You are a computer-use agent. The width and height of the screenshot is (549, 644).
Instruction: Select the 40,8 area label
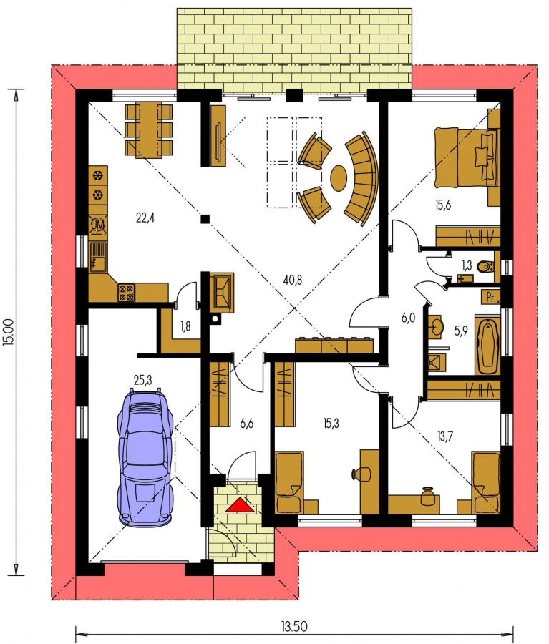pyautogui.click(x=293, y=280)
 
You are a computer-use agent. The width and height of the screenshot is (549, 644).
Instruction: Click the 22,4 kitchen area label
pyautogui.click(x=145, y=218)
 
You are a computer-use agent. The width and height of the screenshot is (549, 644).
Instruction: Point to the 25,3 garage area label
pyautogui.click(x=142, y=381)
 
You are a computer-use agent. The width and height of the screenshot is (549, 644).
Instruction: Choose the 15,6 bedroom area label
pyautogui.click(x=443, y=205)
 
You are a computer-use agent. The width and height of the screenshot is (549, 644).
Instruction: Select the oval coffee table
pyautogui.click(x=339, y=177)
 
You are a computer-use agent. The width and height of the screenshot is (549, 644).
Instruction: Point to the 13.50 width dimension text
pyautogui.click(x=294, y=626)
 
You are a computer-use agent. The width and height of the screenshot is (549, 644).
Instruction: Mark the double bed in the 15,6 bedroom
pyautogui.click(x=467, y=157)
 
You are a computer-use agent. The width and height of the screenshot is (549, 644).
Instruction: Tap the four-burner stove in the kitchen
pyautogui.click(x=126, y=293)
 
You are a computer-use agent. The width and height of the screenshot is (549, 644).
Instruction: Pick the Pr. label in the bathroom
pyautogui.click(x=491, y=297)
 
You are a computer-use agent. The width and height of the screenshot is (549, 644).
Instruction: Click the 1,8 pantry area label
pyautogui.click(x=185, y=326)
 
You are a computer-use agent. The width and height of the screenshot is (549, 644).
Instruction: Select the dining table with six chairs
pyautogui.click(x=148, y=130)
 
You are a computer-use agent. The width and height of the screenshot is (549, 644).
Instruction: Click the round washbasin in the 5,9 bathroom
pyautogui.click(x=436, y=327)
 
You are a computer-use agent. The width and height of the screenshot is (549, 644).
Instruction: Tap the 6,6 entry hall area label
pyautogui.click(x=246, y=424)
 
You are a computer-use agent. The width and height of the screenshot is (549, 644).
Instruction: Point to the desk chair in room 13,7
pyautogui.click(x=428, y=496)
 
